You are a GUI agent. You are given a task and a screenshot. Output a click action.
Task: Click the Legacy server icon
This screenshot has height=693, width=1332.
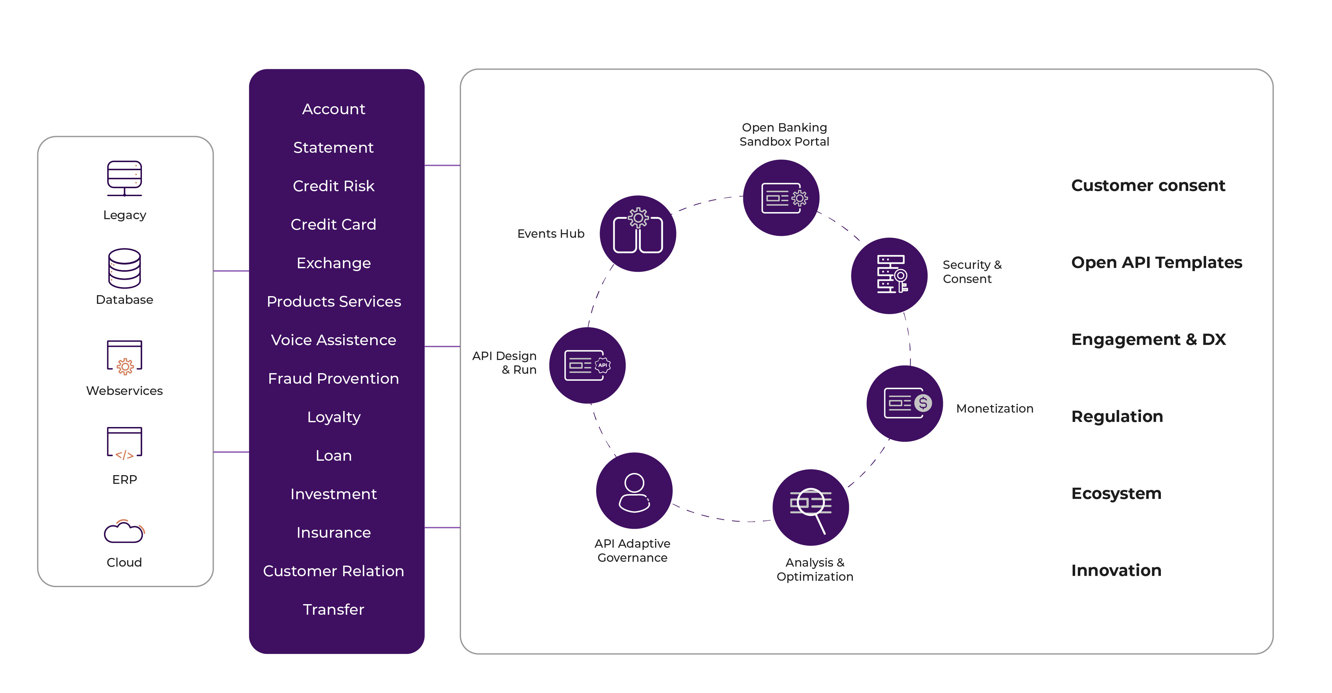pos(124,178)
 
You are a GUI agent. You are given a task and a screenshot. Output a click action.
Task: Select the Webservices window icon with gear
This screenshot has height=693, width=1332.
pos(124,356)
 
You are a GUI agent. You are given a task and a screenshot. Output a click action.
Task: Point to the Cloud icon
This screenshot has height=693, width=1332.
pos(124,532)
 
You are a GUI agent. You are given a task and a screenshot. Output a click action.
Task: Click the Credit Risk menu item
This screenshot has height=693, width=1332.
pos(334,186)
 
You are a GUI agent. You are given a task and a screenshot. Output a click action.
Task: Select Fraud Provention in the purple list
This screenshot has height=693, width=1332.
pos(334,379)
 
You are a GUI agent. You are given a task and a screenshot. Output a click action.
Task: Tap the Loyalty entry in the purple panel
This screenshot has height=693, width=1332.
pos(334,417)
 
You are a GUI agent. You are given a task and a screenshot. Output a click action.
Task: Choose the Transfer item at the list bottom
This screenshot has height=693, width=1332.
pos(334,610)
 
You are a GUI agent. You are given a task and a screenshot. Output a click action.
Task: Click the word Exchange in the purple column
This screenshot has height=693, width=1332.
pos(334,263)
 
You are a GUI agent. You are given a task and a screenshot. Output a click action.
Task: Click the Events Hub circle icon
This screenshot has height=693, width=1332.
pos(638,234)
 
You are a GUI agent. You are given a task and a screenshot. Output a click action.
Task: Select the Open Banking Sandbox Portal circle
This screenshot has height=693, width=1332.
pos(781,198)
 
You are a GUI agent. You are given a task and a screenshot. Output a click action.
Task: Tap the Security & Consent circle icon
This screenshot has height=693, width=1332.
pos(889,276)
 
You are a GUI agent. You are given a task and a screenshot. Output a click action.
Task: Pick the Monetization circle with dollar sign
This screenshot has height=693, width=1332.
pos(904,404)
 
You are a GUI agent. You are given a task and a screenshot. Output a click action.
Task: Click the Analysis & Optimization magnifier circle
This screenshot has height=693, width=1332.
pos(810,508)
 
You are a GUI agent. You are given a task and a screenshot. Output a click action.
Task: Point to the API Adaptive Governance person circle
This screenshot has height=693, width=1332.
pos(634,491)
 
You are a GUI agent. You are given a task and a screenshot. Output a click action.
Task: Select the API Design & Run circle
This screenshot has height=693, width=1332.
pos(587,365)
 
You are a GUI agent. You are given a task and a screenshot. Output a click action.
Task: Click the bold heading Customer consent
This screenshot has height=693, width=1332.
pos(1148,185)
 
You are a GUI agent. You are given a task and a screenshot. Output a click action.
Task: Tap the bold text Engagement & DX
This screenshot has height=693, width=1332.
pos(1148,339)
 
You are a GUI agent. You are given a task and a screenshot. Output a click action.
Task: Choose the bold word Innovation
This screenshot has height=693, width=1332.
pos(1116,570)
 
